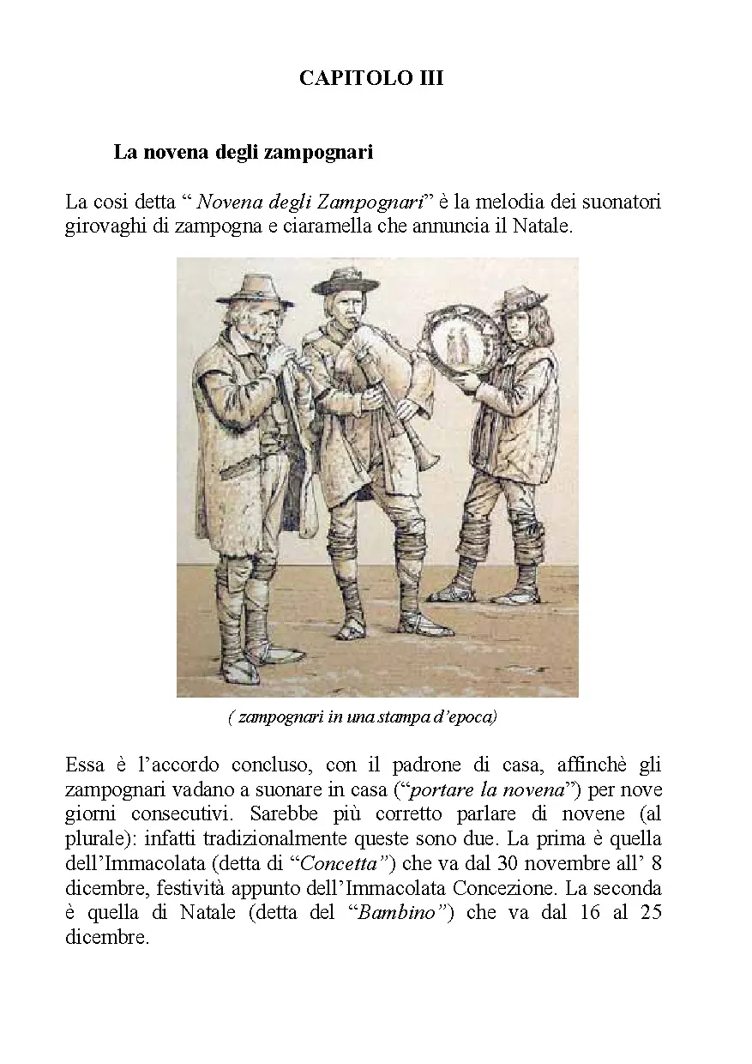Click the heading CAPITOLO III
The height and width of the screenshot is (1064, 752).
371,78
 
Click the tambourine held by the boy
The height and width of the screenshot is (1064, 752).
459,344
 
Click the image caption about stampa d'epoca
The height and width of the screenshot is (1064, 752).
363,717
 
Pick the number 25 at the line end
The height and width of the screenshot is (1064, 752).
650,912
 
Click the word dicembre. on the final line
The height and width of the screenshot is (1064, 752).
106,937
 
